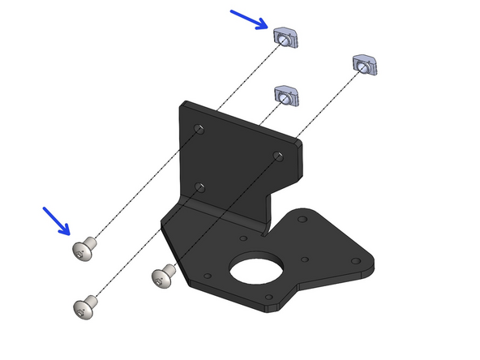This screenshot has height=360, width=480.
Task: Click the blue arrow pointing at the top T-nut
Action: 251,19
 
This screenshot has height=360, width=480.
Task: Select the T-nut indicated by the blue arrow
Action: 286,36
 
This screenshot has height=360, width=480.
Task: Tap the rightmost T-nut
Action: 366,65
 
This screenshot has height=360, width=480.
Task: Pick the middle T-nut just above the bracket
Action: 288,95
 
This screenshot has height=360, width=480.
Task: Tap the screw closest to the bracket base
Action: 163,277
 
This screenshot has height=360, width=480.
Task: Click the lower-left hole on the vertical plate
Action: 200,187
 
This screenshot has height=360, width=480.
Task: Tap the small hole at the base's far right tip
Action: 354,261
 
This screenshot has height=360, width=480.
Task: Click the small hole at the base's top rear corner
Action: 303,218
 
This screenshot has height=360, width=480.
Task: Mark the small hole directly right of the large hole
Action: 304,259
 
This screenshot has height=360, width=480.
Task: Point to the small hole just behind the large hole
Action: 242,239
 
